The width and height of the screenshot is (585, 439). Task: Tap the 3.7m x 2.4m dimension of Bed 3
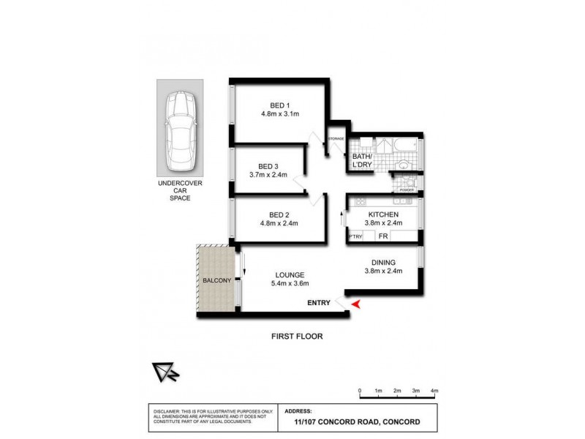268,174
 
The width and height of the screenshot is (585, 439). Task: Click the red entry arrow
355,304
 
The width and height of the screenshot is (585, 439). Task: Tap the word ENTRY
320,303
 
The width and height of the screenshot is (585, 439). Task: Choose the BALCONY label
216,280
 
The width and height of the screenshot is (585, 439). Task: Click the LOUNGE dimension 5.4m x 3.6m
291,284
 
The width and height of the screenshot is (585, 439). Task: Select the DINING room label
383,263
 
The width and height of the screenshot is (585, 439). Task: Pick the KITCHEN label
382,214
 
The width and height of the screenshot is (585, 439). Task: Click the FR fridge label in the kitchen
382,237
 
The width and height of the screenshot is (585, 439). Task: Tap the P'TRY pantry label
355,237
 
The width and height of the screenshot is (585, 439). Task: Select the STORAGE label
336,138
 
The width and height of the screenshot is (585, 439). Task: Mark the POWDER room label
407,190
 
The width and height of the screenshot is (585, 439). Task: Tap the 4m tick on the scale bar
434,392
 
